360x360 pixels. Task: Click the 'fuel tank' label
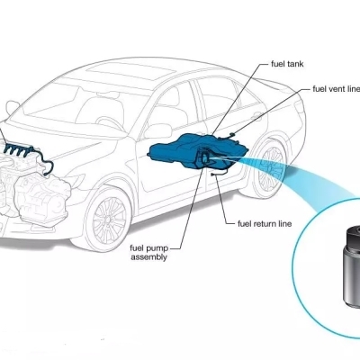click(x=287, y=64)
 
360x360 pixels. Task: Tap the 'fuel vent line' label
click(x=337, y=89)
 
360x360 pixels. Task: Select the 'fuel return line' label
click(x=265, y=224)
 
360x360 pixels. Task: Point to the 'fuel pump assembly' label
click(x=149, y=253)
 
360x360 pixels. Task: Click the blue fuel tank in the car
click(x=198, y=151)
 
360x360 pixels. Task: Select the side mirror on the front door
click(x=157, y=131)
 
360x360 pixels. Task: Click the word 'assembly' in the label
click(x=149, y=257)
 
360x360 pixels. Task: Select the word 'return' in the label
click(x=265, y=224)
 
